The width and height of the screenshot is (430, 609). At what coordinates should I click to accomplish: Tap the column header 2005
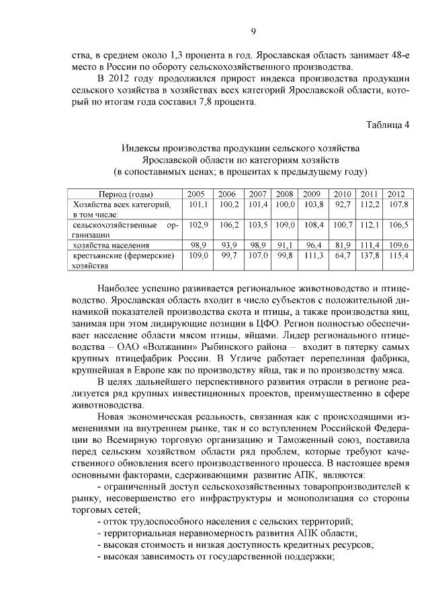198,194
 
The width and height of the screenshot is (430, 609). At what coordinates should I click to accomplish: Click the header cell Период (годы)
126,194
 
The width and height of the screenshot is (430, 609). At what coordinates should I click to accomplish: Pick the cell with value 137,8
370,256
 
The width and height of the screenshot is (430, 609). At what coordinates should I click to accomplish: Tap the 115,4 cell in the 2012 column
396,256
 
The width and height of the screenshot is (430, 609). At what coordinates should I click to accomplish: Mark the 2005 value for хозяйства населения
198,246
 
